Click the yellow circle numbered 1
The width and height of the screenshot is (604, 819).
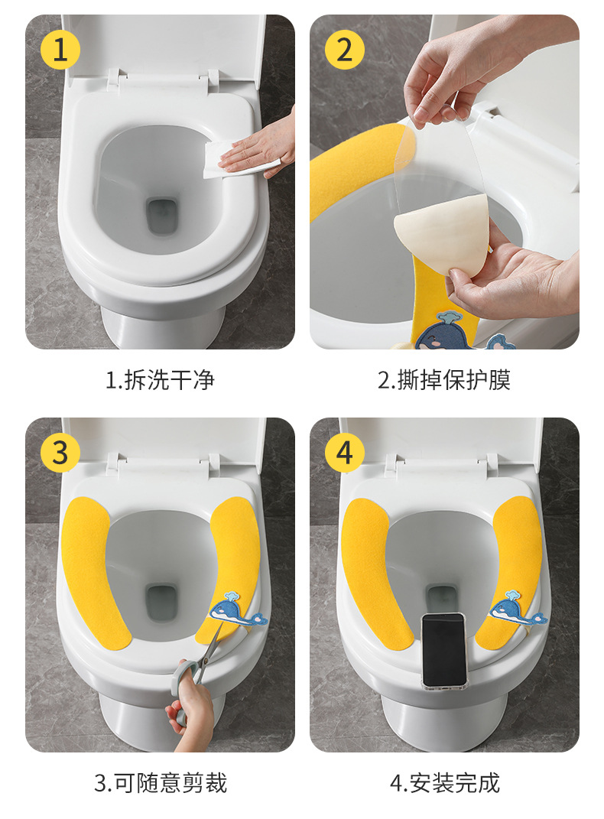60,50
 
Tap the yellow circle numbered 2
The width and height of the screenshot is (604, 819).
344,50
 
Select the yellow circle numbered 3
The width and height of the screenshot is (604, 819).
60,453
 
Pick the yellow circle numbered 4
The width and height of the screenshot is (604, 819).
344,453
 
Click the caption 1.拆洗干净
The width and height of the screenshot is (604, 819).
160,380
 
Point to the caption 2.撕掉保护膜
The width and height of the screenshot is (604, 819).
444,380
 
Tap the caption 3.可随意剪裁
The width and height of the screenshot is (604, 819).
160,782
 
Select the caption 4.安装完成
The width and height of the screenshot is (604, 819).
444,782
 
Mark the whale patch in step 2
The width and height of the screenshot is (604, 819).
443,333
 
